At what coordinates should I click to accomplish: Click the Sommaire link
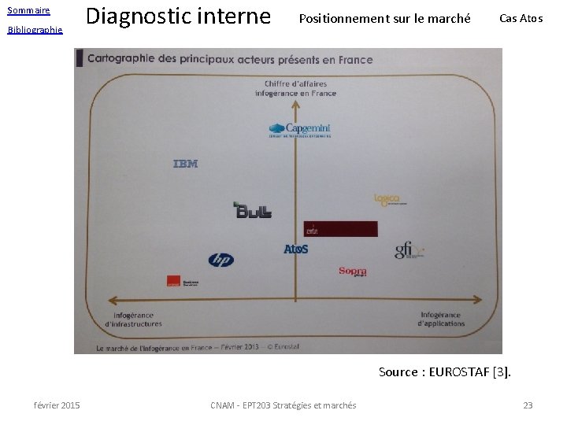pyautogui.click(x=28, y=10)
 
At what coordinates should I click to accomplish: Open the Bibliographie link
pyautogui.click(x=35, y=30)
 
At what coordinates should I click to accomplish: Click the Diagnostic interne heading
pyautogui.click(x=177, y=17)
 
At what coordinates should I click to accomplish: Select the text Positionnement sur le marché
pyautogui.click(x=384, y=18)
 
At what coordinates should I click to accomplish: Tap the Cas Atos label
pyautogui.click(x=521, y=18)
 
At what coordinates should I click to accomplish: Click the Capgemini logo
pyautogui.click(x=299, y=130)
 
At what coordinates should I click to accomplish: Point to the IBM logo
pyautogui.click(x=185, y=164)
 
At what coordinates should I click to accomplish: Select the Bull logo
pyautogui.click(x=253, y=210)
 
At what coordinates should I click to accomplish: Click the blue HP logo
pyautogui.click(x=220, y=260)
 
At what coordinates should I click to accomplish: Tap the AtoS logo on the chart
pyautogui.click(x=296, y=249)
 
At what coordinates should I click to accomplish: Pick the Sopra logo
pyautogui.click(x=353, y=272)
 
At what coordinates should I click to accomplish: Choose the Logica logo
pyautogui.click(x=389, y=199)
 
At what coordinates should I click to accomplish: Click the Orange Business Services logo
pyautogui.click(x=182, y=281)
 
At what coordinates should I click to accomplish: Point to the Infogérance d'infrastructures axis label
pyautogui.click(x=133, y=320)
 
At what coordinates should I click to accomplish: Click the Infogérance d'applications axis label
pyautogui.click(x=440, y=320)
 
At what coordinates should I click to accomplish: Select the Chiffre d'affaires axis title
pyautogui.click(x=295, y=88)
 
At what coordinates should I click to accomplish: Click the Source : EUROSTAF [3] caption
pyautogui.click(x=444, y=371)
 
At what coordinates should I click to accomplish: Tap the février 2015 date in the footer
pyautogui.click(x=57, y=405)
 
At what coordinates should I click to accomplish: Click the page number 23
pyautogui.click(x=528, y=405)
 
